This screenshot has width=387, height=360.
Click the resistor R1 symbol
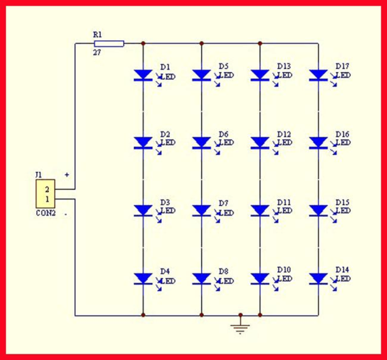pos(109,44)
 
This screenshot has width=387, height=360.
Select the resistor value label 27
pos(97,53)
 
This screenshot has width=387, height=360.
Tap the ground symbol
pos(240,324)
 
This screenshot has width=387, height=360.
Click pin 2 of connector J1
pos(47,189)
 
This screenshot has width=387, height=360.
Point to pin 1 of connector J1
pos(48,199)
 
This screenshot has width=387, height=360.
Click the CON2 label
pos(46,213)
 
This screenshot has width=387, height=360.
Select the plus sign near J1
pos(67,175)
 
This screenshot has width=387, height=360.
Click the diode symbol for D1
pos(143,75)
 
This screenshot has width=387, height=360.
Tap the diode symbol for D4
pos(143,279)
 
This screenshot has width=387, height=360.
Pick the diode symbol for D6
pos(201,143)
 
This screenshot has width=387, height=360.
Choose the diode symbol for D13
pos(259,75)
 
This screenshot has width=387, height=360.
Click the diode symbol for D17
pos(318,75)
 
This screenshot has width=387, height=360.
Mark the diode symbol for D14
pos(318,279)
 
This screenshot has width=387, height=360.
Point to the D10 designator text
pos(284,270)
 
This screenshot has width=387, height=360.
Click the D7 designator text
pos(223,203)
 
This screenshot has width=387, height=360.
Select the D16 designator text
pos(342,134)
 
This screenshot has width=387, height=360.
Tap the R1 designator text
pos(97,35)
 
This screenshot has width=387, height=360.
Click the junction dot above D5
pos(201,43)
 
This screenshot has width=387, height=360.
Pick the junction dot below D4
pos(143,315)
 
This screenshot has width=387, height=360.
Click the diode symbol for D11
pos(259,211)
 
